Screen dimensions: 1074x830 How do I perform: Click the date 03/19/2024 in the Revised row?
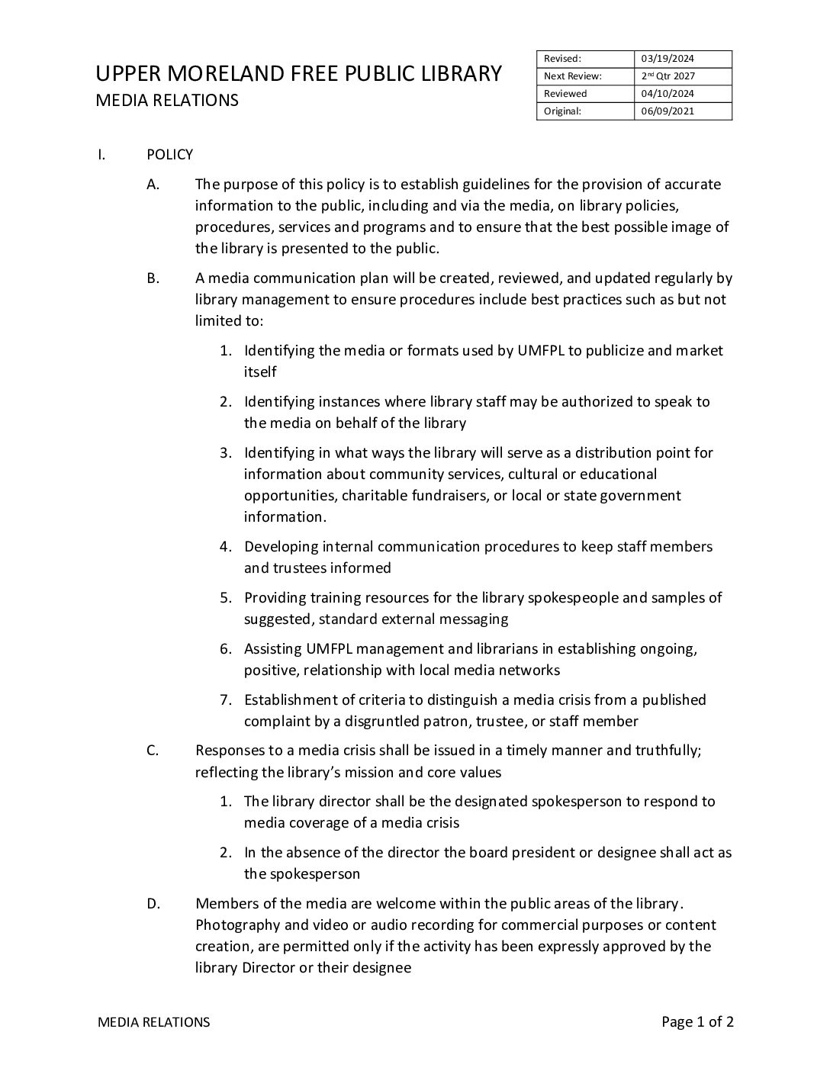pyautogui.click(x=668, y=59)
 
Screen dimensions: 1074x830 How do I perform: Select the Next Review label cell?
pyautogui.click(x=572, y=76)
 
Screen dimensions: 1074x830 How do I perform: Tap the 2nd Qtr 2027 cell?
pyautogui.click(x=668, y=76)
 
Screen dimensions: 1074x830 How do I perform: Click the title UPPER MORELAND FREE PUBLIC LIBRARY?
pyautogui.click(x=298, y=74)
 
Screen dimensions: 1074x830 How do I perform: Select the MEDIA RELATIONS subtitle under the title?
pyautogui.click(x=166, y=101)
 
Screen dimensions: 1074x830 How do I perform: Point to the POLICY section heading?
pyautogui.click(x=169, y=155)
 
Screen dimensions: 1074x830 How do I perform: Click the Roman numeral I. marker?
pyautogui.click(x=101, y=155)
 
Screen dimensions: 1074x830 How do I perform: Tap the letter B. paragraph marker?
pyautogui.click(x=153, y=278)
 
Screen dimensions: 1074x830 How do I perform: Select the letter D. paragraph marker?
pyautogui.click(x=153, y=904)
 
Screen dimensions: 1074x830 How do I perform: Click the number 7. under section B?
pyautogui.click(x=226, y=699)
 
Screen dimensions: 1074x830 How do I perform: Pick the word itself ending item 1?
pyautogui.click(x=260, y=371)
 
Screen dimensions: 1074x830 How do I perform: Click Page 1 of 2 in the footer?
pyautogui.click(x=697, y=1022)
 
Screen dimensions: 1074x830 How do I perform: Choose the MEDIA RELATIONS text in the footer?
pyautogui.click(x=153, y=1022)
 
